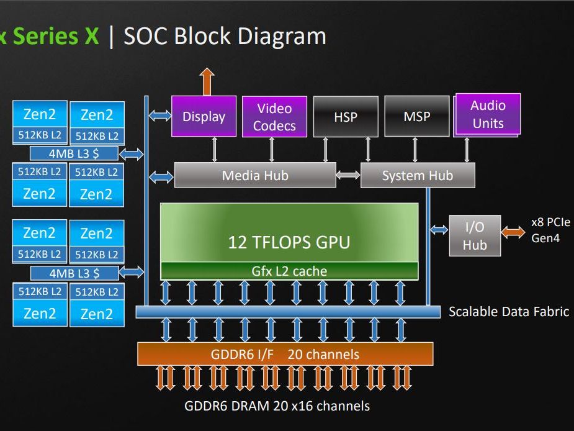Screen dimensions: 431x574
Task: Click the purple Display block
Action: tap(204, 116)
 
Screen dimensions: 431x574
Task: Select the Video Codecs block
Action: tap(274, 117)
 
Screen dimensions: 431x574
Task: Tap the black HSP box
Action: tap(346, 116)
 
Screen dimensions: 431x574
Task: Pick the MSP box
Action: tap(417, 116)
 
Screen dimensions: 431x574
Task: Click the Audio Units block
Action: tap(488, 114)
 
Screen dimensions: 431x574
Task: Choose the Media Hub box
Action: tap(255, 175)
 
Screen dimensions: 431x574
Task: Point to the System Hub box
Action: tap(418, 175)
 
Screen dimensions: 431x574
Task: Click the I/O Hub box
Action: tap(475, 236)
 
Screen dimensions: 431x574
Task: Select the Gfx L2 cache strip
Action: tap(289, 271)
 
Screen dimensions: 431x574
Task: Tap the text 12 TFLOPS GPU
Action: tap(289, 242)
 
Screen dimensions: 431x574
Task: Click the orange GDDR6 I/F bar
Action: tap(285, 355)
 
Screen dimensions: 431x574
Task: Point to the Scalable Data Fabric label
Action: tap(509, 311)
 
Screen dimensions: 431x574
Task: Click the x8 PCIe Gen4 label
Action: tap(550, 230)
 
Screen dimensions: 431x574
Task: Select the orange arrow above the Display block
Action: tap(207, 81)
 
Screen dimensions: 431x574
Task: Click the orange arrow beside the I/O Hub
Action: tap(513, 232)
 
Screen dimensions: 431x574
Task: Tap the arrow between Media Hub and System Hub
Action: tap(348, 175)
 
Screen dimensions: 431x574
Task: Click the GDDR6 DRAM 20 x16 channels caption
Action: tap(277, 406)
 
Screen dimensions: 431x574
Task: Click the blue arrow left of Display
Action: tap(159, 115)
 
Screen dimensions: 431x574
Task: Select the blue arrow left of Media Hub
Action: tap(161, 177)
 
